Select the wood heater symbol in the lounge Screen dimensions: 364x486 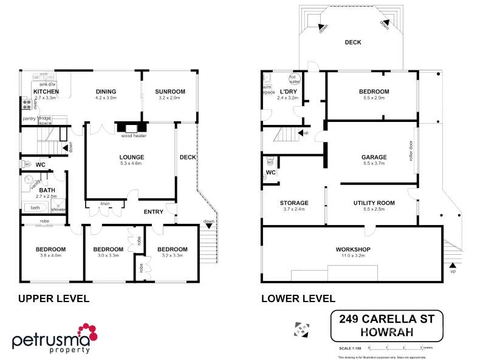click(x=132, y=127)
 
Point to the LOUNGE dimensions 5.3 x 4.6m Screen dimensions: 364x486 click(x=131, y=163)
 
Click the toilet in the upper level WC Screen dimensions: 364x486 click(x=26, y=164)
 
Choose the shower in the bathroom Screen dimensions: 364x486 click(x=58, y=207)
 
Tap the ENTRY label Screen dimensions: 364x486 click(x=153, y=212)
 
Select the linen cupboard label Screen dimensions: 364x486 click(x=105, y=203)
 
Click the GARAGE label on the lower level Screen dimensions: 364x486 click(x=374, y=157)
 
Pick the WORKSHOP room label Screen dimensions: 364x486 click(x=353, y=249)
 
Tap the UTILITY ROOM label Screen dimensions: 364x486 click(x=374, y=203)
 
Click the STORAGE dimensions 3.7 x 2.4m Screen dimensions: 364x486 click(x=294, y=209)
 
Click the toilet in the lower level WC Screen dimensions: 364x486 click(x=270, y=161)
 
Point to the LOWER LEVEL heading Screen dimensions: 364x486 click(x=298, y=298)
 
